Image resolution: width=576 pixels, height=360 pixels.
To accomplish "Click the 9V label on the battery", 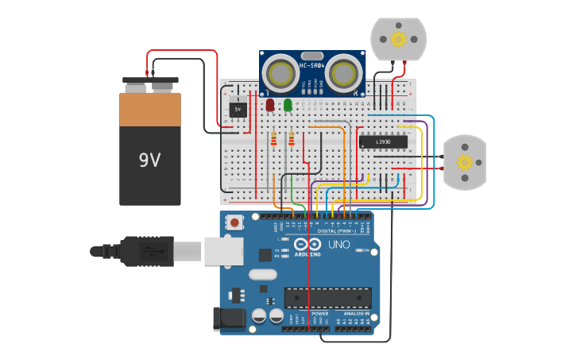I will (x=149, y=161).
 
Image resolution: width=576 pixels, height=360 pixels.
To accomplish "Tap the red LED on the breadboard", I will (x=270, y=104).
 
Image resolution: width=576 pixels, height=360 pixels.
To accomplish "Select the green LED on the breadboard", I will (x=288, y=104).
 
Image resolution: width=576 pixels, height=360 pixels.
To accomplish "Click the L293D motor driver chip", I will (x=383, y=141).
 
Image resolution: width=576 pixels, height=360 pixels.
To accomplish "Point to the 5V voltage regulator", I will (x=238, y=109).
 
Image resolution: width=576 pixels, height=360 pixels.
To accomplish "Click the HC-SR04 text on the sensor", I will (x=311, y=64).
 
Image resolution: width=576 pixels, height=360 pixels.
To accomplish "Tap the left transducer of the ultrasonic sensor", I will (x=280, y=74).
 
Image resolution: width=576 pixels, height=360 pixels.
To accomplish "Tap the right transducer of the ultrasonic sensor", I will (x=343, y=74).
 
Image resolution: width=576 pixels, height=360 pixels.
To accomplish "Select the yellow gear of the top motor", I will (x=398, y=38).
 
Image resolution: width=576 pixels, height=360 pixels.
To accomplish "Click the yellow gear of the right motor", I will (x=465, y=162).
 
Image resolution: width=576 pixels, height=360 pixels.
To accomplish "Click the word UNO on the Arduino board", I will (x=340, y=245).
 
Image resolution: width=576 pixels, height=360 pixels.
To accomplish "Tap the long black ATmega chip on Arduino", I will (x=327, y=298).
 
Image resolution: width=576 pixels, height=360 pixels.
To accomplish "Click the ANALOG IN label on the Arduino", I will (x=355, y=314).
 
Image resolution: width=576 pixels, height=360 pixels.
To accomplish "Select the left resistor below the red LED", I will (x=274, y=140).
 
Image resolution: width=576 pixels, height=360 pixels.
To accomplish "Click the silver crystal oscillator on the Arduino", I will (x=262, y=275).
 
